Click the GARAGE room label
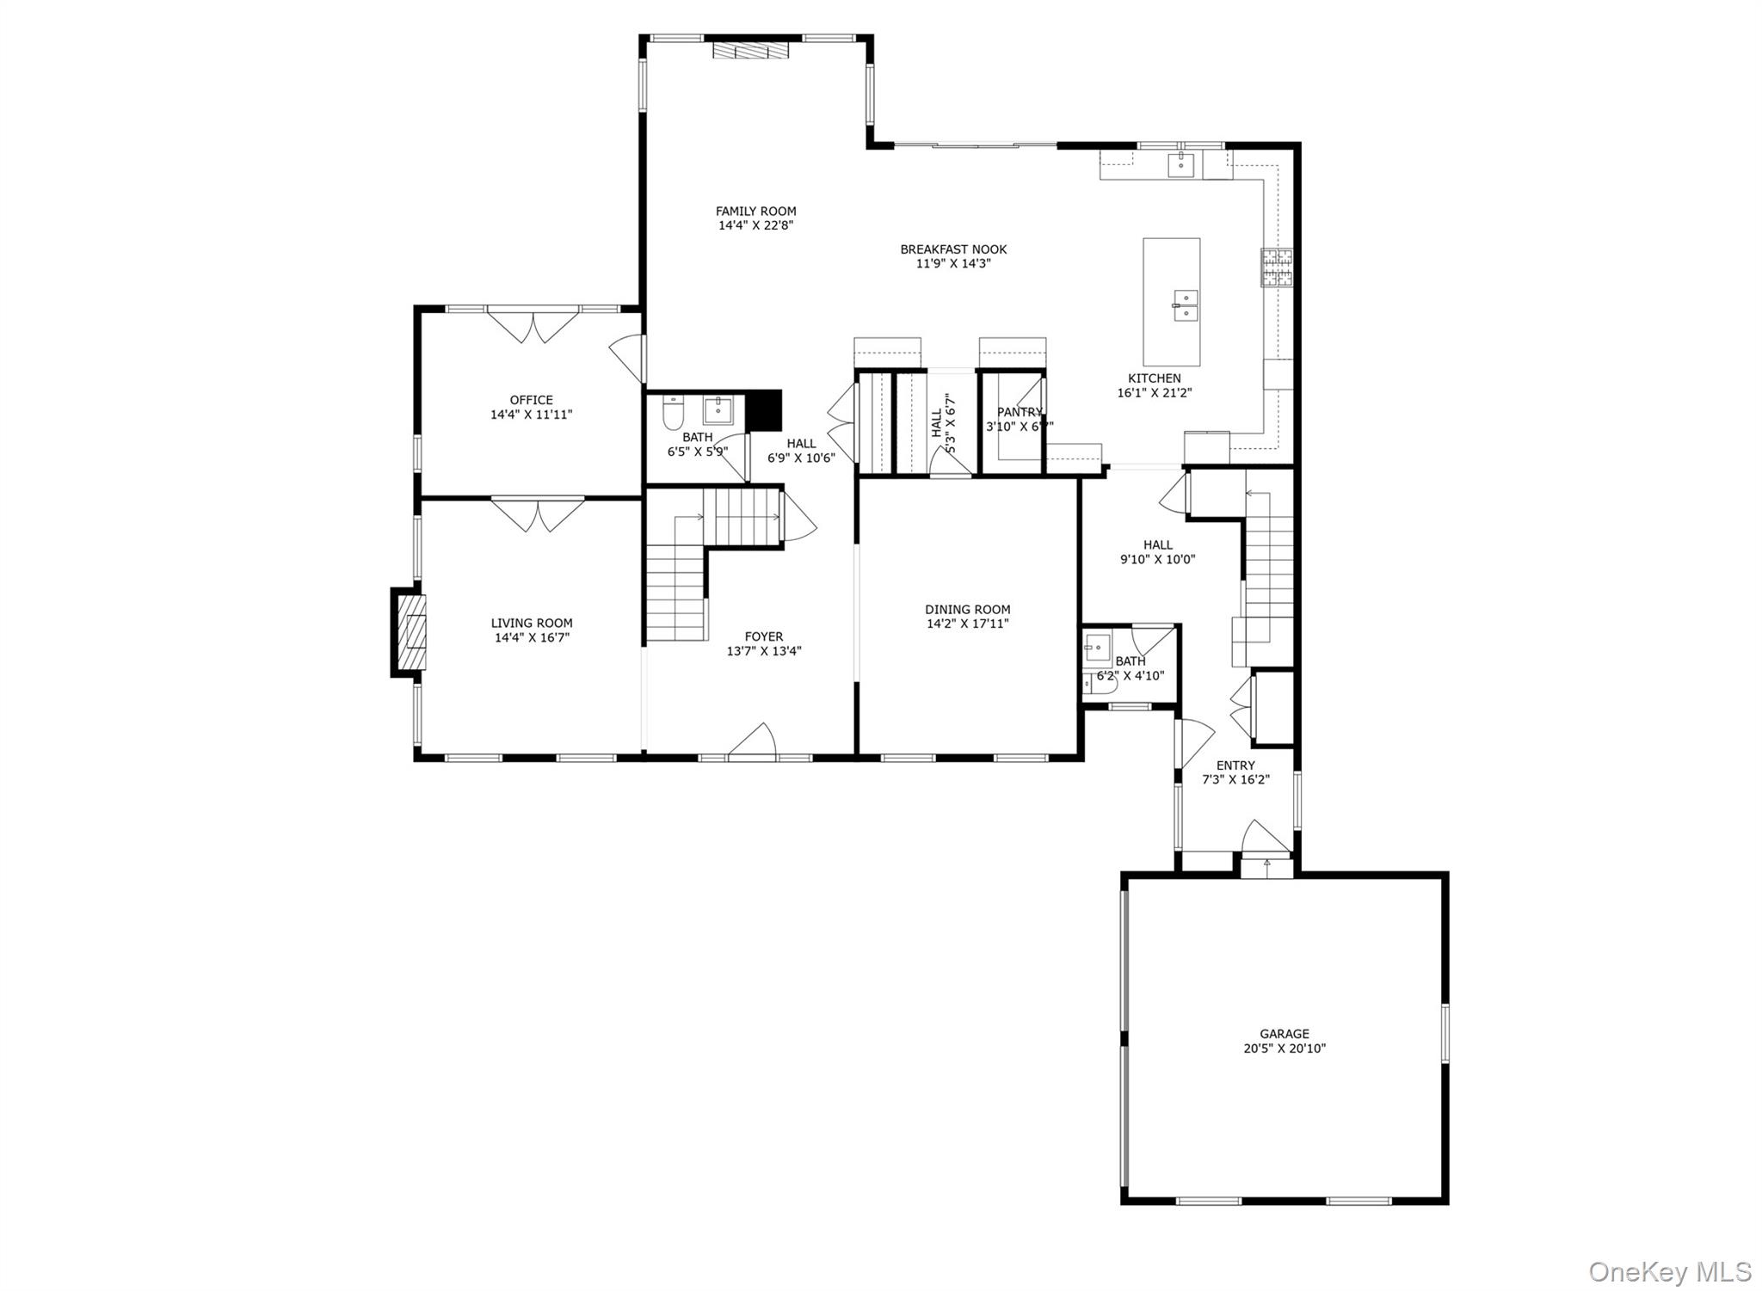[x=1284, y=1034]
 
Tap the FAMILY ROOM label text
[x=755, y=211]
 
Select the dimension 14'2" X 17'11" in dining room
[x=967, y=624]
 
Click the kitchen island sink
[x=1185, y=305]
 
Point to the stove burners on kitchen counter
[x=1277, y=267]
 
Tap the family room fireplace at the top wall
[x=750, y=50]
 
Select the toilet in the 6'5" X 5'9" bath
[x=672, y=415]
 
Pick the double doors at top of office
[x=533, y=327]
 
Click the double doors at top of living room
[x=538, y=513]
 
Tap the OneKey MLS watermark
[x=1669, y=1271]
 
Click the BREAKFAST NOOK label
[x=953, y=249]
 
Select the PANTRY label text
[x=1020, y=412]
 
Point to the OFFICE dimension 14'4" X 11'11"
[x=531, y=415]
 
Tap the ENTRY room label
[x=1235, y=765]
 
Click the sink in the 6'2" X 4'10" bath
[x=1097, y=645]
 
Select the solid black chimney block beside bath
[x=762, y=409]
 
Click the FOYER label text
[x=763, y=637]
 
